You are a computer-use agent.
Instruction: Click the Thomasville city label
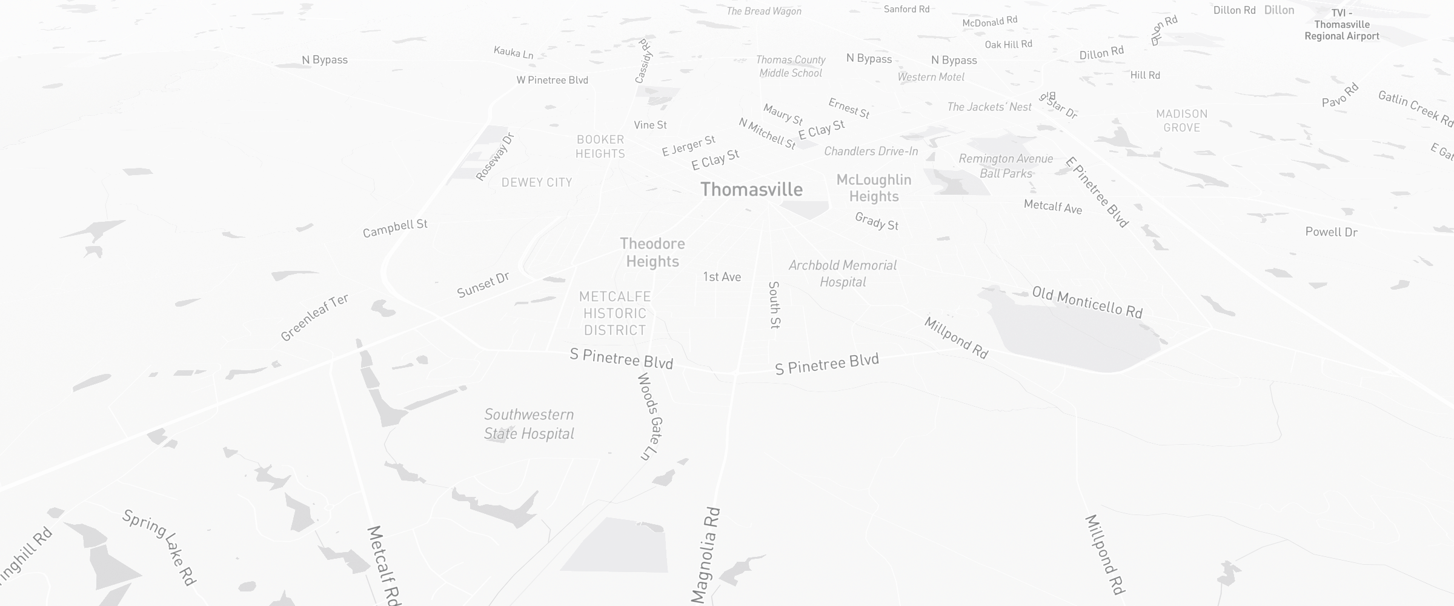(x=751, y=190)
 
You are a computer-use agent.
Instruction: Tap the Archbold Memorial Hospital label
(x=843, y=273)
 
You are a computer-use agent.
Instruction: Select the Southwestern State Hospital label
(x=529, y=424)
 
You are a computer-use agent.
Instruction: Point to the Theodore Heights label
(x=652, y=252)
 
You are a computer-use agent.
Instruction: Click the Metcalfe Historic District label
(x=615, y=313)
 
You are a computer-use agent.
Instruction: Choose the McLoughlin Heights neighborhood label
(x=874, y=188)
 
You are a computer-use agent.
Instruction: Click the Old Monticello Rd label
(x=1087, y=302)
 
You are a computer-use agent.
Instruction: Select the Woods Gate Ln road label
(x=649, y=416)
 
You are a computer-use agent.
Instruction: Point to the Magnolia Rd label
(x=706, y=555)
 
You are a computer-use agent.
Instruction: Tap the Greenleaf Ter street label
(x=314, y=318)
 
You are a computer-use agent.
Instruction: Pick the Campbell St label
(x=395, y=228)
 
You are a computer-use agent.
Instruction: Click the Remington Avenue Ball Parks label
(x=1006, y=166)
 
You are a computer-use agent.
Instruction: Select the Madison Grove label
(x=1181, y=121)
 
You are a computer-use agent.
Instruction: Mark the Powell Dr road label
(x=1331, y=232)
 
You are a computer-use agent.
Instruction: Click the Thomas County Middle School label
(x=791, y=66)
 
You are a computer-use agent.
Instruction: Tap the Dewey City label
(x=537, y=182)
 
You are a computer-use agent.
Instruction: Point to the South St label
(x=774, y=305)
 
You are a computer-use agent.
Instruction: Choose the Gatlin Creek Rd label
(x=1415, y=108)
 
